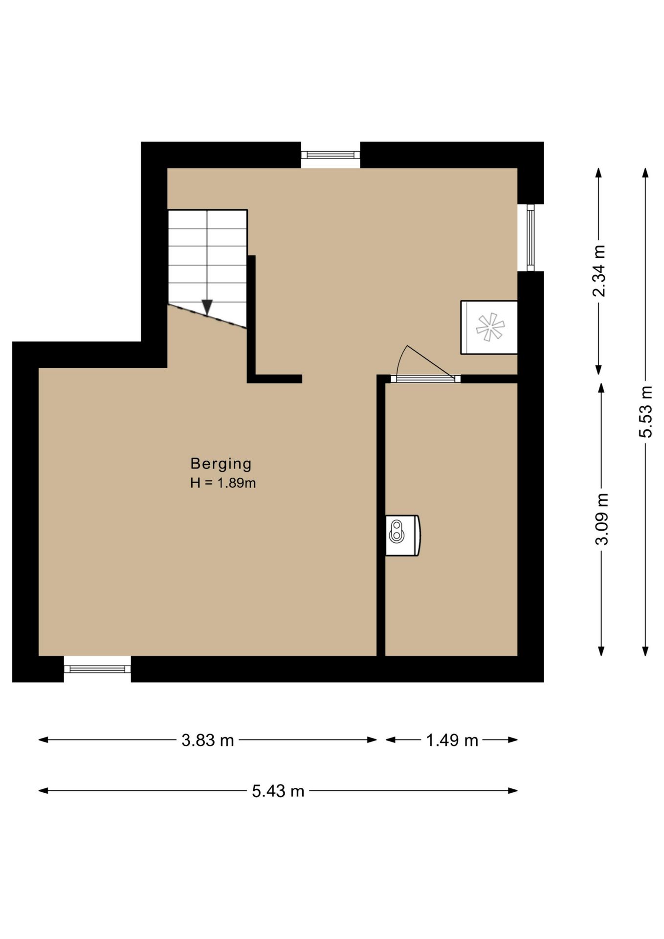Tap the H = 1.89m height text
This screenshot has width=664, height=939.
pyautogui.click(x=223, y=483)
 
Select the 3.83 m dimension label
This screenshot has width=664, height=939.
pyautogui.click(x=208, y=740)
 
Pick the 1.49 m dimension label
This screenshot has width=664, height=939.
pyautogui.click(x=452, y=740)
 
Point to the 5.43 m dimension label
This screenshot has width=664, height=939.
pyautogui.click(x=278, y=791)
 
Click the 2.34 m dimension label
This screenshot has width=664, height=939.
pyautogui.click(x=599, y=271)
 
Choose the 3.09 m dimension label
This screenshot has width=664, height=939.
pyautogui.click(x=602, y=519)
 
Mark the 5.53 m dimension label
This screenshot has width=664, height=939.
pyautogui.click(x=646, y=412)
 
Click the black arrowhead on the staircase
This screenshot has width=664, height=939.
pyautogui.click(x=207, y=307)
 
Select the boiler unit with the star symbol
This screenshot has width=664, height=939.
pyautogui.click(x=489, y=327)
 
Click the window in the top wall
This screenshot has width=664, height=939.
pyautogui.click(x=331, y=155)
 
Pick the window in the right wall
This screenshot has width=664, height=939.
pyautogui.click(x=531, y=237)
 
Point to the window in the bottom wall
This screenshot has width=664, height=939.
pyautogui.click(x=97, y=669)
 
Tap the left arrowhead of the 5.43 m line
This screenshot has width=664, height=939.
pyautogui.click(x=43, y=791)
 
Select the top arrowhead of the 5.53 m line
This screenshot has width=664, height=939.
pyautogui.click(x=645, y=173)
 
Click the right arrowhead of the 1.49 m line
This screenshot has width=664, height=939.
pyautogui.click(x=513, y=740)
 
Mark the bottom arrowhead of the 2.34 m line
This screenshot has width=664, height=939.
pyautogui.click(x=598, y=370)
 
